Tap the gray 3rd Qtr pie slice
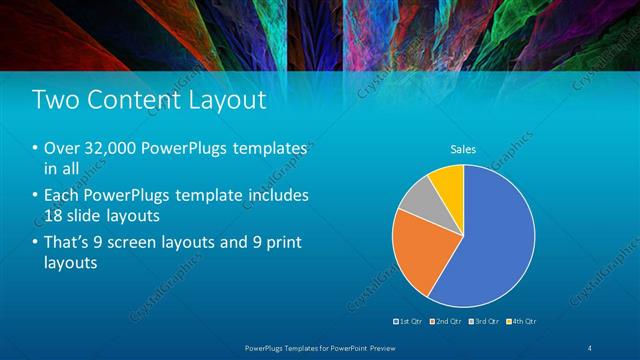415,196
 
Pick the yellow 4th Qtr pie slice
448,181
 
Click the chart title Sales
462,149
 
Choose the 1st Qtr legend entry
411,321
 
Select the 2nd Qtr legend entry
446,321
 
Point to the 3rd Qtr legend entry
484,321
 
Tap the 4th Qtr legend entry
521,321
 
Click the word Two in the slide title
57,100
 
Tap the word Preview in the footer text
380,346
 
